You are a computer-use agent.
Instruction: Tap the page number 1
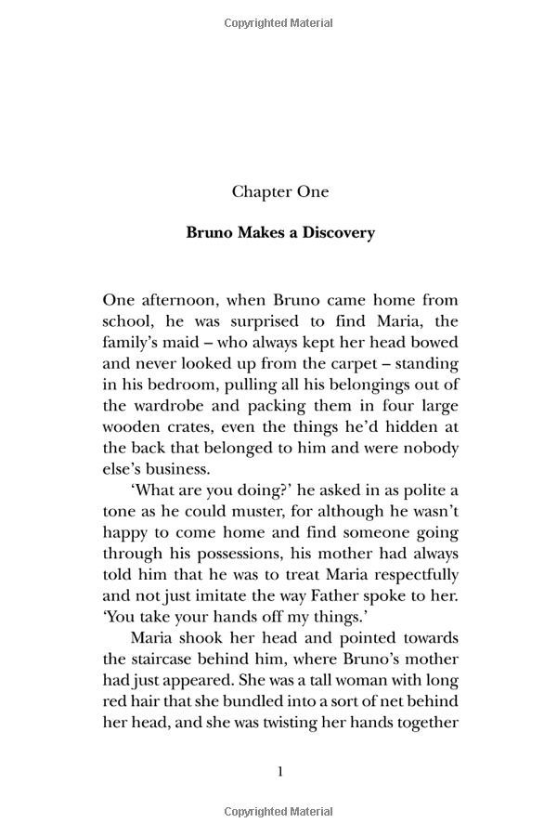pyautogui.click(x=280, y=772)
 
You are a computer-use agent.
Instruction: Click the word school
pyautogui.click(x=126, y=322)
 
